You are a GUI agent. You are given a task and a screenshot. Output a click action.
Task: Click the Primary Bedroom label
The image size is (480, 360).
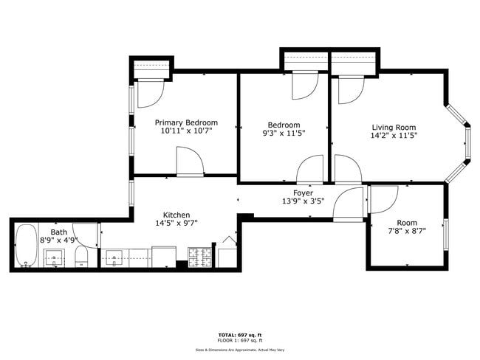coord(186,122)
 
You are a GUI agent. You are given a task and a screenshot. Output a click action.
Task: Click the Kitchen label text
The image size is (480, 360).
coord(176,213)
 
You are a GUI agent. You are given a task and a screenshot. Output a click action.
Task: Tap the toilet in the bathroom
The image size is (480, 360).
coord(81,257)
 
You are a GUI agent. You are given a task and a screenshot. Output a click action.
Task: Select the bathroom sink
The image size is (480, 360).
coord(54,257)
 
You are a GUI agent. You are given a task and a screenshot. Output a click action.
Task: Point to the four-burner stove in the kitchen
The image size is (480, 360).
coord(199,257)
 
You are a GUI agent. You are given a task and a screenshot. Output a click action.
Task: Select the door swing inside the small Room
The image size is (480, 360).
coord(383,196)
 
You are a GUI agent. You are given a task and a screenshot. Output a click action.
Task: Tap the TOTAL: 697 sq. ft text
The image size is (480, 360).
coord(239,335)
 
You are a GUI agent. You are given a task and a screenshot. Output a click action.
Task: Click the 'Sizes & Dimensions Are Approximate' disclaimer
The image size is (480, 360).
coord(239,350)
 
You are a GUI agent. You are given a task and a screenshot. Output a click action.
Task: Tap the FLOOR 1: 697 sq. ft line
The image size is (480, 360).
coord(239,340)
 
